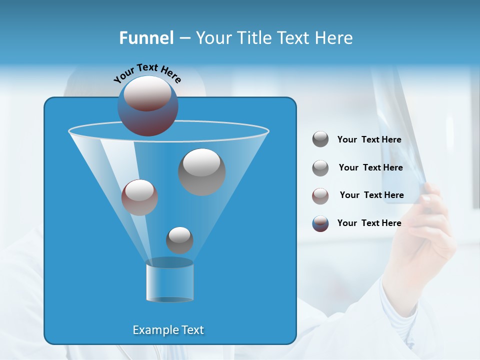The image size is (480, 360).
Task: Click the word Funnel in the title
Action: (x=146, y=38)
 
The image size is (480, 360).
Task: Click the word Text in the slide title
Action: (x=294, y=38)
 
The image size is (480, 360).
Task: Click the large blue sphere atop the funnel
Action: (x=148, y=106)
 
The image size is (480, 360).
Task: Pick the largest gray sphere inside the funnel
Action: (x=201, y=171)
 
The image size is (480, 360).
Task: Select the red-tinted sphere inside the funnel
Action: (x=139, y=197)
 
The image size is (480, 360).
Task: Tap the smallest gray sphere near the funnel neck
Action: (x=179, y=240)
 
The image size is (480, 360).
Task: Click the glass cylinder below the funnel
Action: (x=169, y=281)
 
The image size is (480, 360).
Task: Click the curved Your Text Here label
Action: (x=147, y=73)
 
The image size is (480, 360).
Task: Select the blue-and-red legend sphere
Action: (x=320, y=223)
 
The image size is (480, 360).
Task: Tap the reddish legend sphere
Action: (x=320, y=196)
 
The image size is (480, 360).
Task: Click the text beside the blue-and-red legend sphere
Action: (x=369, y=223)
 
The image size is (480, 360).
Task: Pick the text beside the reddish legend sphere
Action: (x=371, y=195)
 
